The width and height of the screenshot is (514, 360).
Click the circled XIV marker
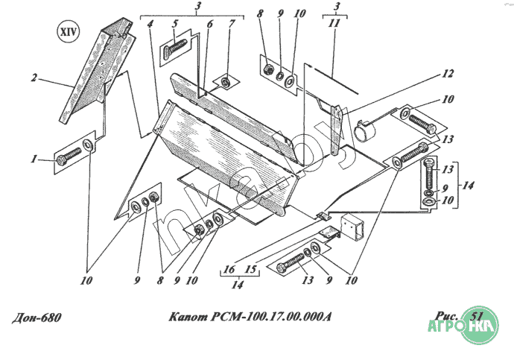click(68, 32)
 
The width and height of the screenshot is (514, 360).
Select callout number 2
click(34, 78)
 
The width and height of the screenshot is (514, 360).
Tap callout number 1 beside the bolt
click(34, 160)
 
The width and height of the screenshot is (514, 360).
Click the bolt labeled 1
click(69, 156)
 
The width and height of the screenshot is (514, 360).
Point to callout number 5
click(175, 24)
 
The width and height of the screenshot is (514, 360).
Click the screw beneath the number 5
click(174, 48)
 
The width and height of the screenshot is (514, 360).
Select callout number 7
click(232, 24)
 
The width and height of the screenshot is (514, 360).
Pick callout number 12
click(447, 74)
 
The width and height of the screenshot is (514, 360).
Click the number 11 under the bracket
click(335, 23)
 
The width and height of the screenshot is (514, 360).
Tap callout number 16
click(229, 269)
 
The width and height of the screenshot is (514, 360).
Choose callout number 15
click(250, 269)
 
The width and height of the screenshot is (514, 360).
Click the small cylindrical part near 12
click(365, 131)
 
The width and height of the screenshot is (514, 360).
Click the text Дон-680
click(37, 318)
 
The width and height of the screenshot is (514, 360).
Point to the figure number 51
click(476, 316)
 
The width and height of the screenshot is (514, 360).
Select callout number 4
click(150, 24)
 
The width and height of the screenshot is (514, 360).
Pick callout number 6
click(210, 24)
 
